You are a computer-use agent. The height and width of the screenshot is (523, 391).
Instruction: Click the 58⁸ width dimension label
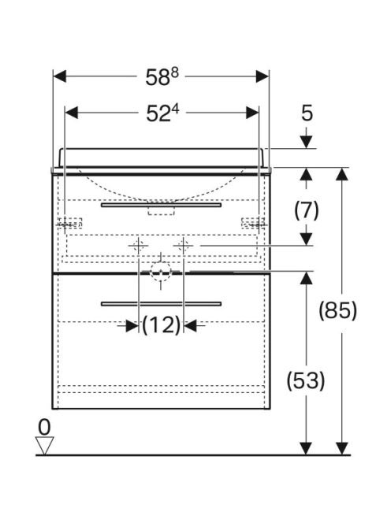(162, 77)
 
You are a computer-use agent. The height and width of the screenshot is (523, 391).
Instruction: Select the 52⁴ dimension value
(162, 113)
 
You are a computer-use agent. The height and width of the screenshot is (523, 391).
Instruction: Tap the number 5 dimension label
(307, 113)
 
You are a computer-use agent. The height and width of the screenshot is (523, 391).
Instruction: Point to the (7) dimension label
(307, 210)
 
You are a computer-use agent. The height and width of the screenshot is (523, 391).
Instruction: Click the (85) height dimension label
(337, 310)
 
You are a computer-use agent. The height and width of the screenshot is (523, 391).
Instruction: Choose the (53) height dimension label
(306, 380)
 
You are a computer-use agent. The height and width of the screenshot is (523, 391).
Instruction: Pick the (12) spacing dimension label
(162, 325)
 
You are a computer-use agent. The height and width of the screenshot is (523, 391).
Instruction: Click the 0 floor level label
(44, 427)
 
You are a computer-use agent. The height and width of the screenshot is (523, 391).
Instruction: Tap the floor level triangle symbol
(44, 446)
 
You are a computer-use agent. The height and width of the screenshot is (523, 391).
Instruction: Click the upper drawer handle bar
(161, 205)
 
